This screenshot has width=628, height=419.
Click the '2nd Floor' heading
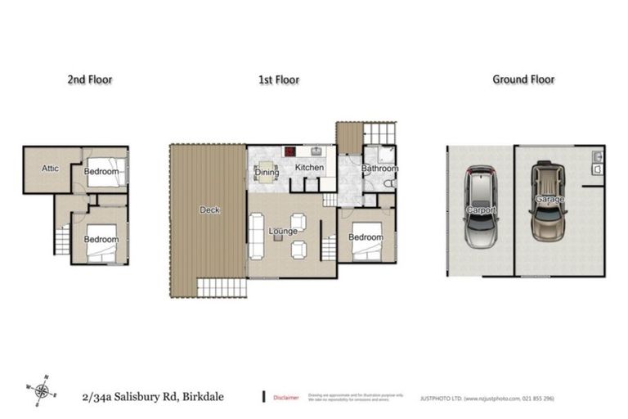click(x=89, y=79)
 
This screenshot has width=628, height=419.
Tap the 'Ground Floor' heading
click(x=523, y=79)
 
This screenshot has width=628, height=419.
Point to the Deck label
click(x=209, y=210)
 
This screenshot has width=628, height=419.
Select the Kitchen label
click(x=309, y=168)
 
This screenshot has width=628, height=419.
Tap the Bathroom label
click(x=379, y=169)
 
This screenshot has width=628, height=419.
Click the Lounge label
click(x=282, y=232)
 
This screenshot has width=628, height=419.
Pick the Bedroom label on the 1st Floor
click(x=365, y=237)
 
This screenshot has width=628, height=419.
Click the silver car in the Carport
click(x=479, y=209)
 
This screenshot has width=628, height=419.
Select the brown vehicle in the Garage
click(x=545, y=200)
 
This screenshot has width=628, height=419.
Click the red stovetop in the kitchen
click(x=289, y=151)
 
